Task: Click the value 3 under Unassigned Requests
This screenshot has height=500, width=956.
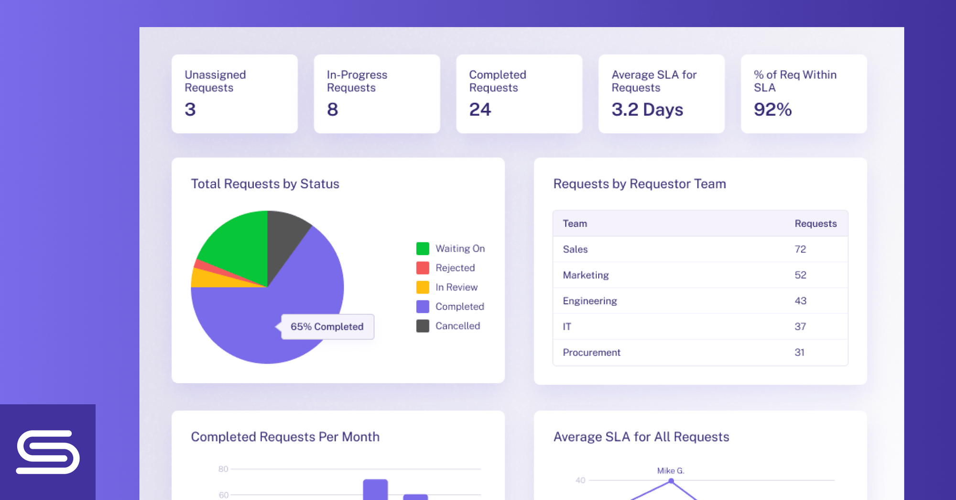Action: coord(190,110)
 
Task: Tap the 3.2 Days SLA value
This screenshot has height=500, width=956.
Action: coord(647,110)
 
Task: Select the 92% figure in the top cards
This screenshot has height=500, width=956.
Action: coord(772,110)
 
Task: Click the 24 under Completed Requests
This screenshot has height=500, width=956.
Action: coord(480,110)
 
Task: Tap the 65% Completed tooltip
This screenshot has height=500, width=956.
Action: coord(327,327)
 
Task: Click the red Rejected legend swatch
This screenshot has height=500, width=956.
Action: coord(423,268)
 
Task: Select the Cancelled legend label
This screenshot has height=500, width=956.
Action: coord(457,326)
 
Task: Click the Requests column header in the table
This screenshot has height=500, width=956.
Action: coord(815,223)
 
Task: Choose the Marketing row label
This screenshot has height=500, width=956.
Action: coord(586,275)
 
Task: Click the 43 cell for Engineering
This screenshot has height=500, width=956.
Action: coord(800,301)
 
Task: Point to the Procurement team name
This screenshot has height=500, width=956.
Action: coord(591,353)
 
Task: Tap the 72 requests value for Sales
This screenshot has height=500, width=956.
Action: coord(800,249)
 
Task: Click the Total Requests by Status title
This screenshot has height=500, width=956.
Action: coord(265,184)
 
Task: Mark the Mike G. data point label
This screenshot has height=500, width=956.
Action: coord(670,471)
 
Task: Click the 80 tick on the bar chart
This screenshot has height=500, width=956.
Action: coord(223,469)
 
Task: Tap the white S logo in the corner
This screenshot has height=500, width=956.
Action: coord(48,452)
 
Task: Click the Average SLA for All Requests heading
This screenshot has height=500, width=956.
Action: coord(641,437)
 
